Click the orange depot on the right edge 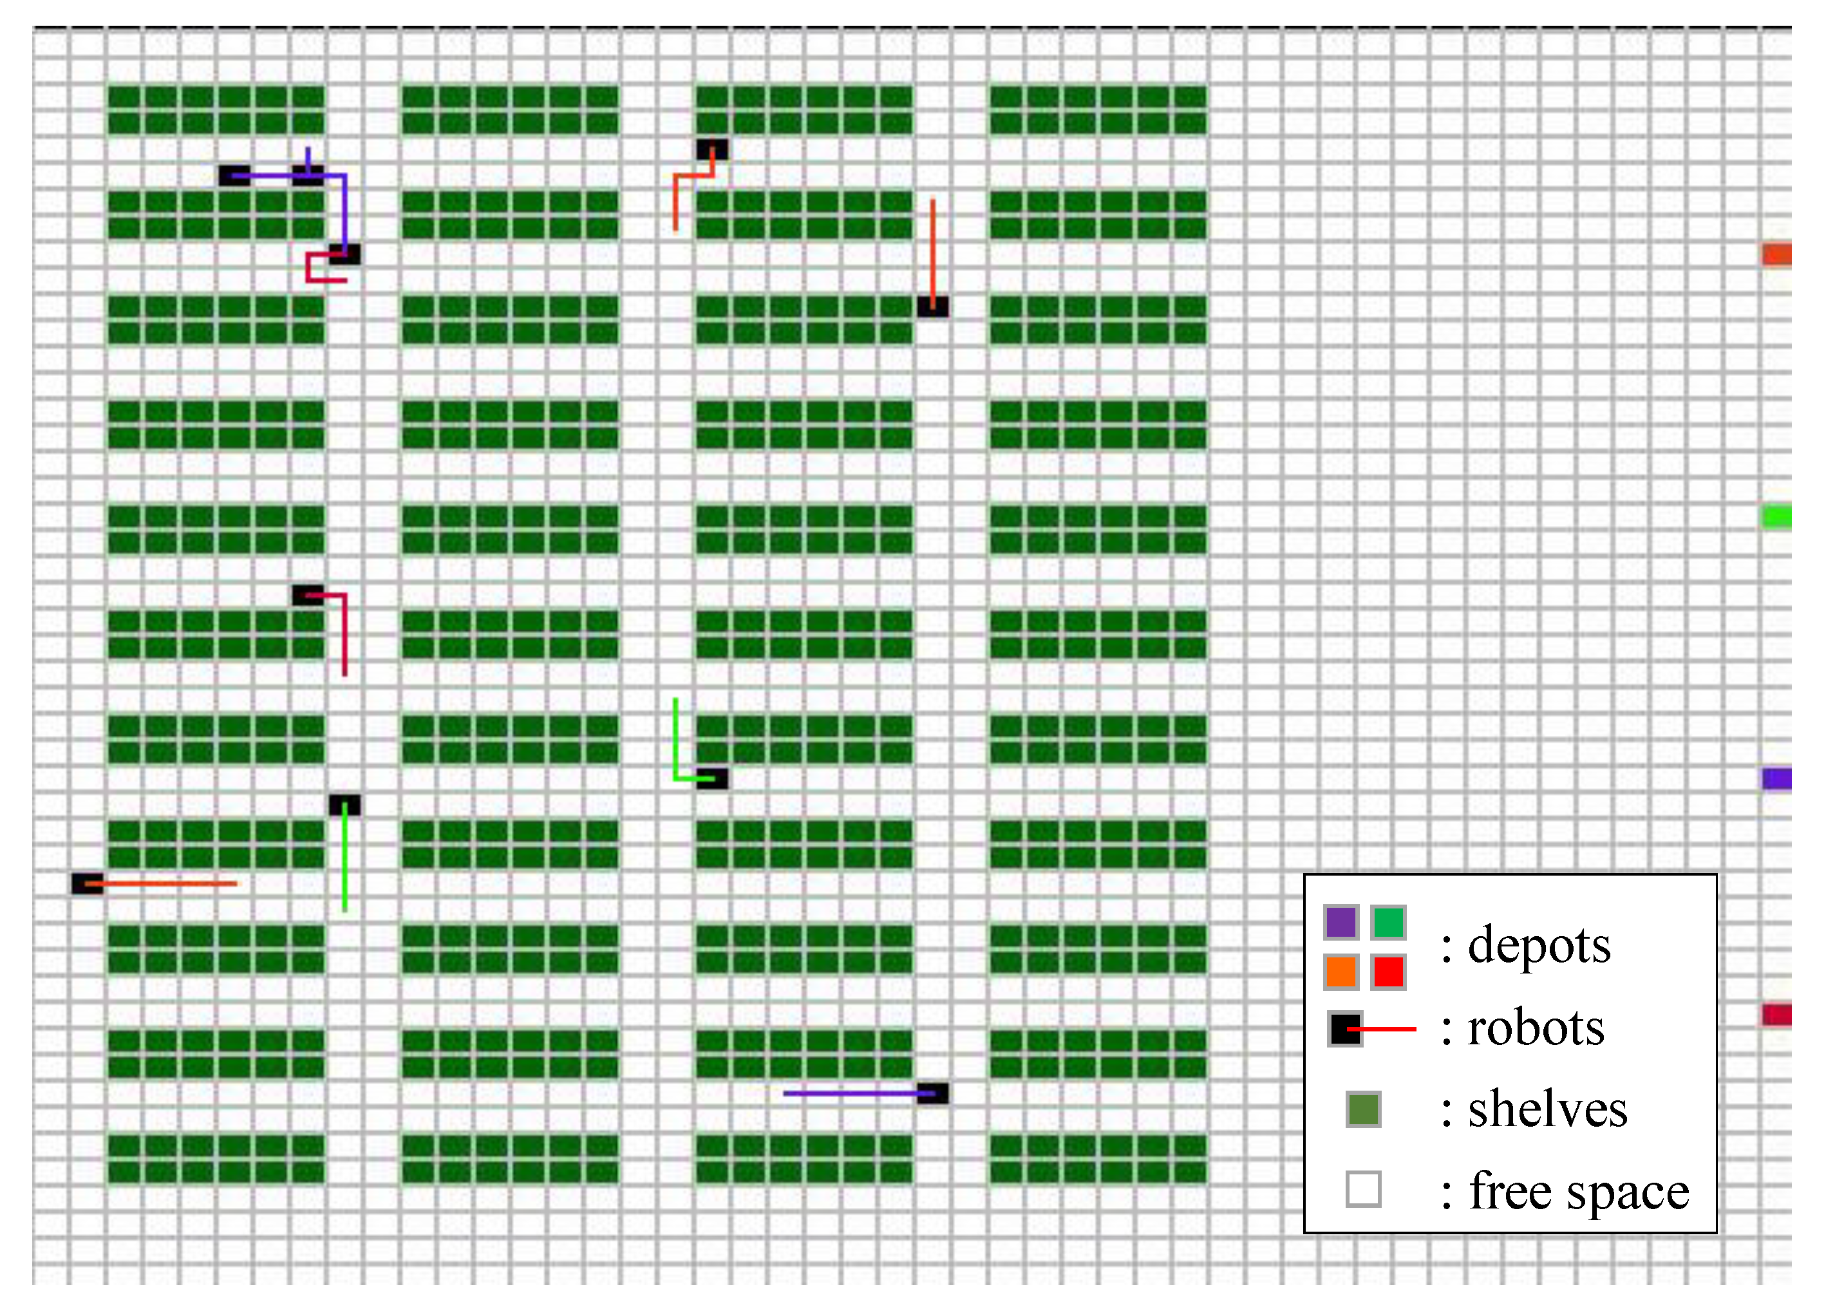pyautogui.click(x=1777, y=255)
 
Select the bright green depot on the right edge pyautogui.click(x=1777, y=516)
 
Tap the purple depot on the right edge pyautogui.click(x=1777, y=778)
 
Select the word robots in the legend pyautogui.click(x=1536, y=1028)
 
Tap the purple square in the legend pyautogui.click(x=1341, y=922)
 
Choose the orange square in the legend pyautogui.click(x=1341, y=972)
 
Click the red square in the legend pyautogui.click(x=1388, y=972)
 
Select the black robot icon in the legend pyautogui.click(x=1344, y=1028)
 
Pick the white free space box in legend pyautogui.click(x=1363, y=1189)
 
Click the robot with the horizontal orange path pyautogui.click(x=88, y=883)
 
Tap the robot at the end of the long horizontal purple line pyautogui.click(x=933, y=1094)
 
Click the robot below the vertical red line pyautogui.click(x=933, y=306)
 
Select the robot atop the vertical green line pyautogui.click(x=344, y=805)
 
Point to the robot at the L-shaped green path pyautogui.click(x=712, y=778)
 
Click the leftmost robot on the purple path pyautogui.click(x=234, y=176)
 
